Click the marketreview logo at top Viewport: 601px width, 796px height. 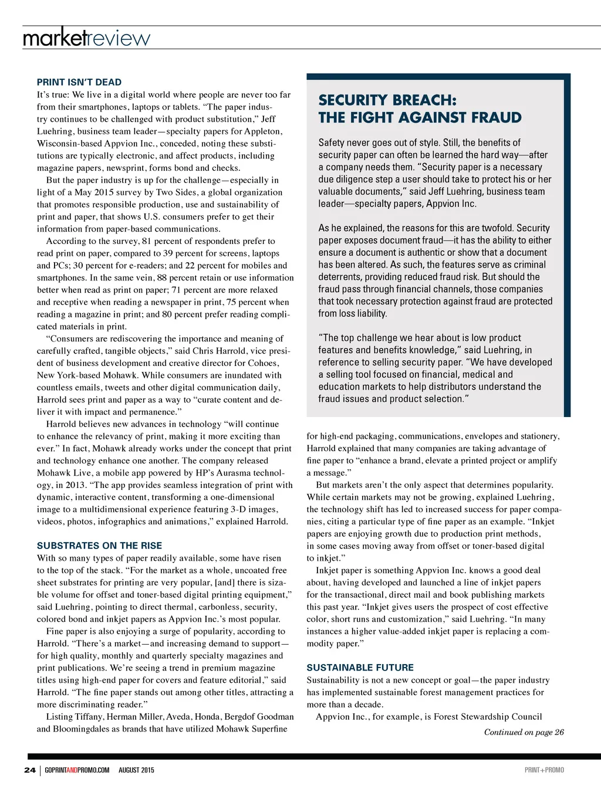coord(86,38)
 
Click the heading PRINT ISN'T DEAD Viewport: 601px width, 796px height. coord(79,82)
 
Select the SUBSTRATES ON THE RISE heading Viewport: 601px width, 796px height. coord(99,546)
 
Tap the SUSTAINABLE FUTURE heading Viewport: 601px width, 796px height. coord(360,668)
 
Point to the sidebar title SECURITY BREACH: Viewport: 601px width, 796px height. coord(387,100)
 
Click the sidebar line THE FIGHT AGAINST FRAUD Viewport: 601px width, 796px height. coord(420,118)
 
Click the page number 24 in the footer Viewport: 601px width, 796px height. coord(29,770)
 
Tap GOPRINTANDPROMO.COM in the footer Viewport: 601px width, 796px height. coord(77,770)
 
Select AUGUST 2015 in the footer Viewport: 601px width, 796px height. coord(136,770)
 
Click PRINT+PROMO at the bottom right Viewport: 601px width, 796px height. coord(544,770)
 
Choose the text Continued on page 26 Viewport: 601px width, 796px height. coord(524,732)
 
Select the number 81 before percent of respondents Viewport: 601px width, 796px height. coord(146,241)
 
